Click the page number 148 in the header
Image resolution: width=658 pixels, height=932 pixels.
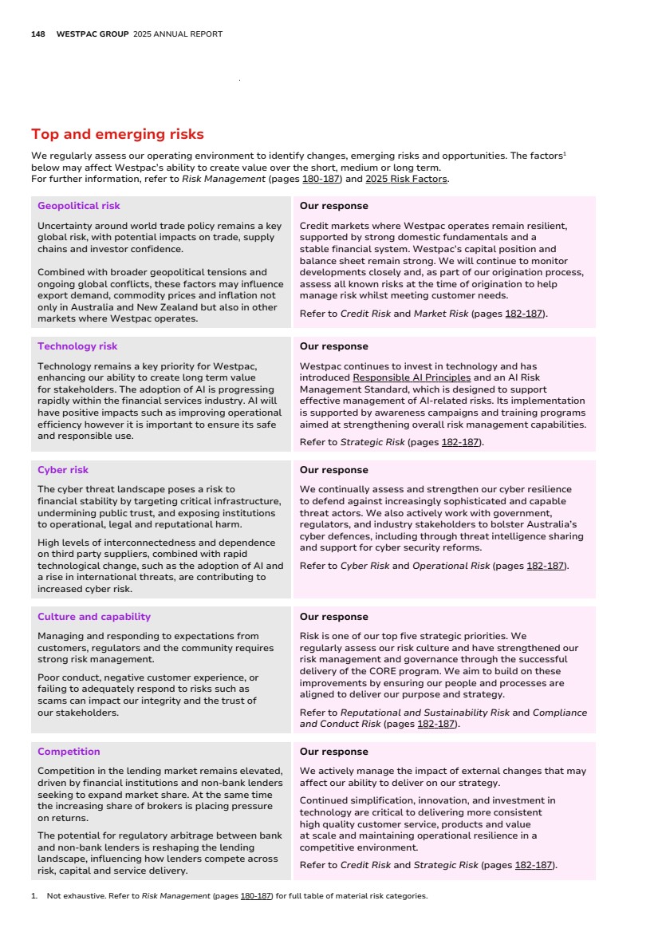click(37, 34)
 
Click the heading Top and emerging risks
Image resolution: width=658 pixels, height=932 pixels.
click(117, 134)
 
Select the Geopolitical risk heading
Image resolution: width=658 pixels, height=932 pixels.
click(79, 206)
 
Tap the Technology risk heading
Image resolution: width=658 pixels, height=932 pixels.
click(77, 346)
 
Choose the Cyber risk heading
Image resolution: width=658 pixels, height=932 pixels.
click(63, 470)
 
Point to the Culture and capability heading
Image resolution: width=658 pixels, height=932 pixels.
click(94, 617)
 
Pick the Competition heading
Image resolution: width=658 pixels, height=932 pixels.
click(69, 752)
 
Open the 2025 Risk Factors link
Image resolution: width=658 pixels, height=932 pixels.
click(406, 179)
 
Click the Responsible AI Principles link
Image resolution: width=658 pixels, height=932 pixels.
click(412, 377)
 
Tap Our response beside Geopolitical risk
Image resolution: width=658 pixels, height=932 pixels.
click(333, 206)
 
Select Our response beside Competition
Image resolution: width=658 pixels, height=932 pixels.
click(333, 752)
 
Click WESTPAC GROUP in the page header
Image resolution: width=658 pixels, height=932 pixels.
click(93, 34)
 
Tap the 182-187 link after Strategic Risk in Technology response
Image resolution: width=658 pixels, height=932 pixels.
click(461, 442)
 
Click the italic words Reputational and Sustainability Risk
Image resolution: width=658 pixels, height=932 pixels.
click(424, 713)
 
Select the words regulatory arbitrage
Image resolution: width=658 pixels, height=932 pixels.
click(179, 835)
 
